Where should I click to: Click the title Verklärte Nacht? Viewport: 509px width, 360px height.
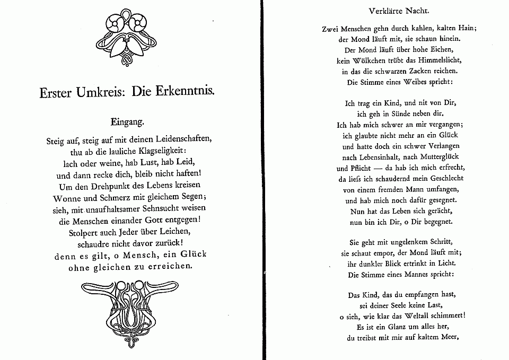(x=398, y=11)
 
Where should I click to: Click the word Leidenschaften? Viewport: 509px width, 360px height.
(x=179, y=140)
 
